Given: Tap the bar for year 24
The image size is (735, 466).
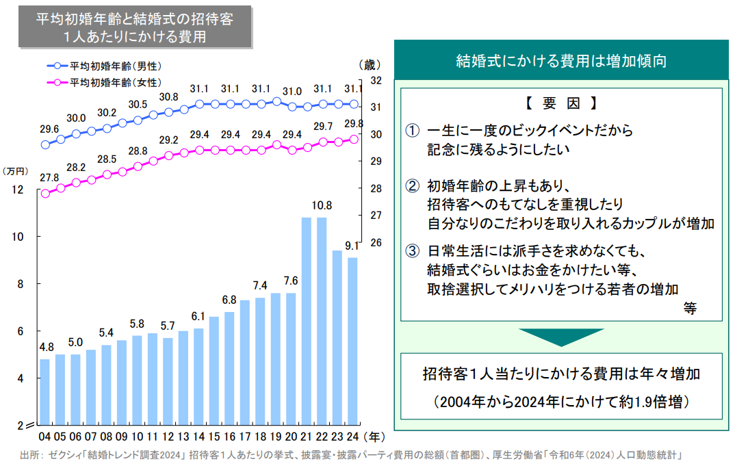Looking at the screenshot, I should click(352, 340).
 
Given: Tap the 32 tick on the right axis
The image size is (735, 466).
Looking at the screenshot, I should click(375, 80).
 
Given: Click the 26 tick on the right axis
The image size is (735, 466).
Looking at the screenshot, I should click(375, 243).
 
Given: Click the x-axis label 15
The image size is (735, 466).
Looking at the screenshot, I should click(214, 435).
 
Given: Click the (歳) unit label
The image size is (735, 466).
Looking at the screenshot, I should click(367, 65).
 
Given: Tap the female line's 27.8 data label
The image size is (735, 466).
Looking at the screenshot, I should click(49, 178).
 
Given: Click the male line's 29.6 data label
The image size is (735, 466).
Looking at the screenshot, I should click(49, 129).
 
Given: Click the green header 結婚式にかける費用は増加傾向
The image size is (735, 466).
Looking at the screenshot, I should click(560, 60).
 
